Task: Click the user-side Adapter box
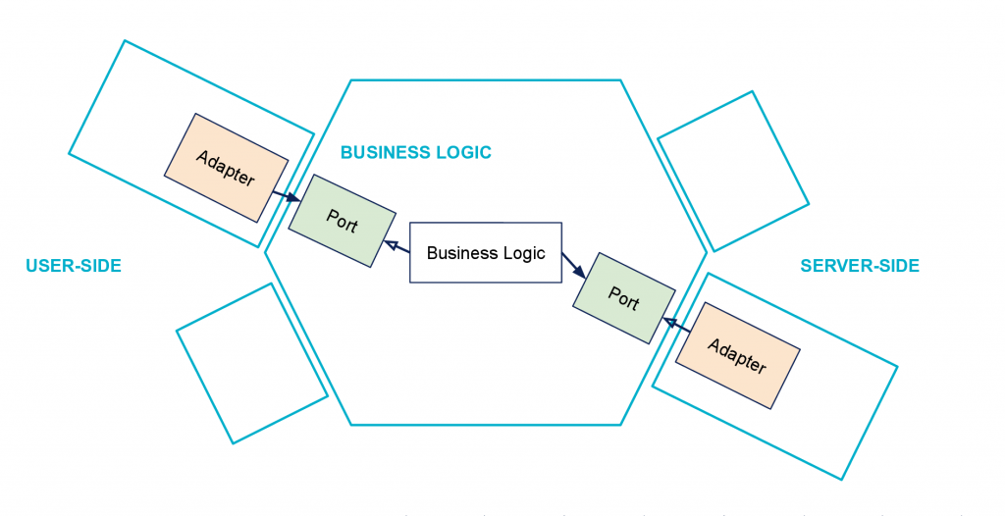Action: tap(227, 168)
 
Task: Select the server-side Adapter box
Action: tap(738, 355)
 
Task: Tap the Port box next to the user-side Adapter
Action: tap(343, 221)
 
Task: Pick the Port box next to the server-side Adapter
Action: tap(623, 298)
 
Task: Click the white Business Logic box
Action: tap(486, 252)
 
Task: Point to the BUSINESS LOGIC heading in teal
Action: tap(416, 153)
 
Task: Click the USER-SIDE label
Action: tap(74, 266)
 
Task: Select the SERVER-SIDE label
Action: tap(860, 266)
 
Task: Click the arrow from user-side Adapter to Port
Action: tap(287, 196)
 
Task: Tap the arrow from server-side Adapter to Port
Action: tap(677, 325)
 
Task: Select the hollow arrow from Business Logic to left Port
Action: tap(397, 247)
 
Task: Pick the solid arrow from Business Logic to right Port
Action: tap(573, 266)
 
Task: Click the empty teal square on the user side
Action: tap(252, 363)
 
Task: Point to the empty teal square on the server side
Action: tap(733, 171)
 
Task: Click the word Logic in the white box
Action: tap(523, 253)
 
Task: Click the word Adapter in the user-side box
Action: tap(226, 168)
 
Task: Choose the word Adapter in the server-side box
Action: tap(737, 355)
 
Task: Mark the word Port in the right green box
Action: tap(623, 298)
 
